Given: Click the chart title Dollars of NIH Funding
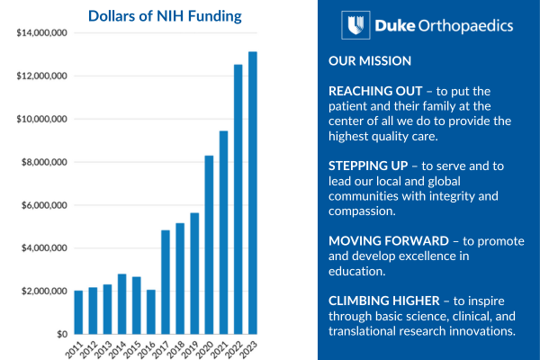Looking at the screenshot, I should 165,15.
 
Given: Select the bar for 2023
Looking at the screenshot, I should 253,193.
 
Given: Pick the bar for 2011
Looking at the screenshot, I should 78,312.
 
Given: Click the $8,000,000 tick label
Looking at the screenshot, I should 45,162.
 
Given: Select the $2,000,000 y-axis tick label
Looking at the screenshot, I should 45,292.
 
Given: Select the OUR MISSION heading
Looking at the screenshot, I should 371,61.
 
